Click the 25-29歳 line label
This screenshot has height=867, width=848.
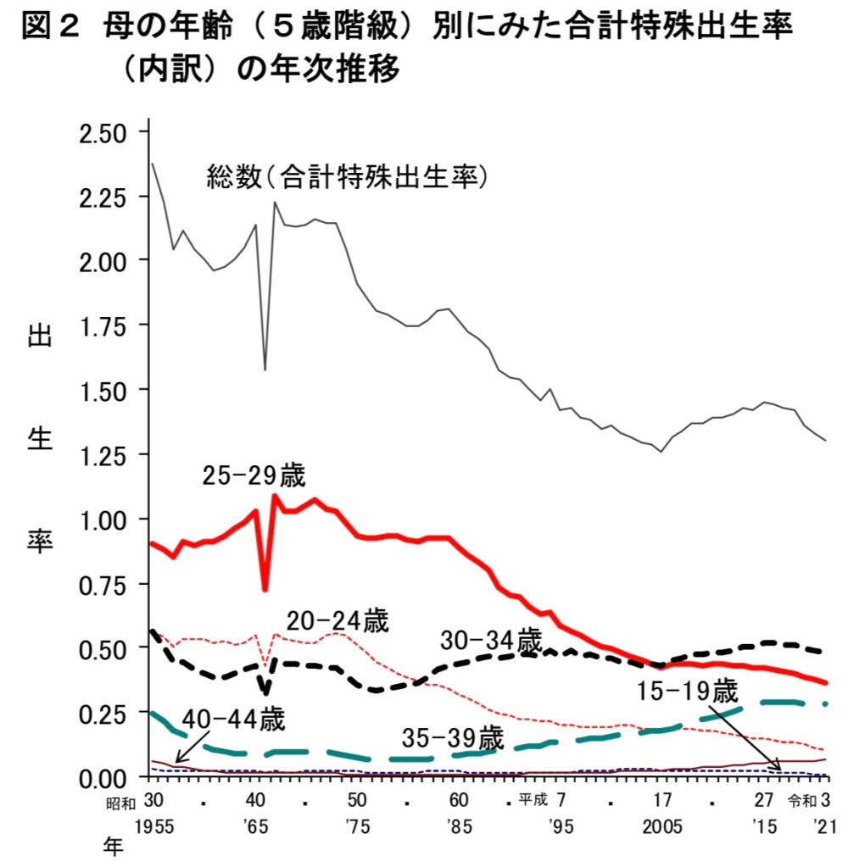click(x=253, y=475)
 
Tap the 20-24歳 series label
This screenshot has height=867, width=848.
click(x=338, y=621)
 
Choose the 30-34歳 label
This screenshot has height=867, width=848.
click(x=491, y=641)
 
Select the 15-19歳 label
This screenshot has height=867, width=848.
click(x=688, y=692)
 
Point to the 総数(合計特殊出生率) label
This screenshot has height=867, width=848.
click(x=349, y=177)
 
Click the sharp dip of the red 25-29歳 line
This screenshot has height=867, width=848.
click(x=265, y=589)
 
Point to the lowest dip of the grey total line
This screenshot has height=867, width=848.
click(x=265, y=370)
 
